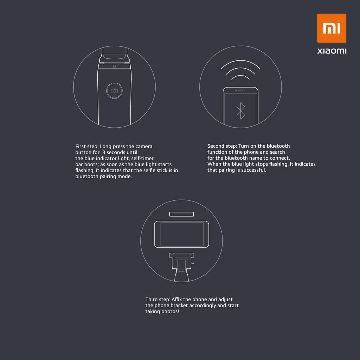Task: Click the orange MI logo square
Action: (332, 28)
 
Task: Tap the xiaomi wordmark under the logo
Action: (332, 51)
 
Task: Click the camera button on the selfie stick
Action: (114, 91)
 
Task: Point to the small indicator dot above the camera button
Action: (114, 66)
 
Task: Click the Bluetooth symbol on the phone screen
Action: (240, 111)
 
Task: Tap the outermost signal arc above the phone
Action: (240, 61)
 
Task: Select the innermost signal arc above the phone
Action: (240, 76)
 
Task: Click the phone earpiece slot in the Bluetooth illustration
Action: (240, 90)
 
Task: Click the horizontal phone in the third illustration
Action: (181, 234)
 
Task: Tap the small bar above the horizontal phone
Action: (181, 214)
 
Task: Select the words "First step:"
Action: (87, 147)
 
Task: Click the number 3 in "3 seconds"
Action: (104, 152)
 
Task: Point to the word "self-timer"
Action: (142, 158)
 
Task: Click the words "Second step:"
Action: (222, 146)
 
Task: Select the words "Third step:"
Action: (158, 300)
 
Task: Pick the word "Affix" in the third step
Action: (177, 300)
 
